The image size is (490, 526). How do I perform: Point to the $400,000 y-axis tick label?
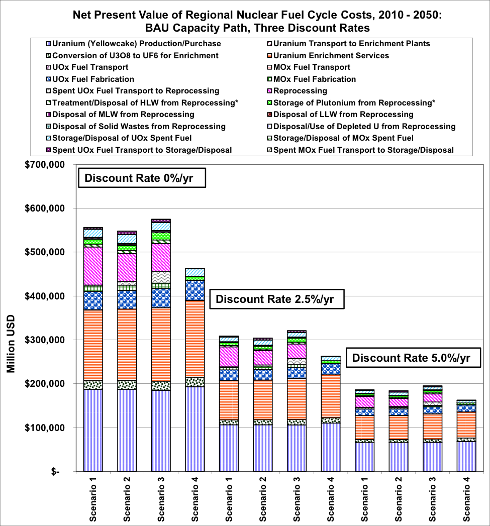(46, 296)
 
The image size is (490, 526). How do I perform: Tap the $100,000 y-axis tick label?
(46, 428)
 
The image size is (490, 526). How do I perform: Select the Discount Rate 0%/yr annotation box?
(142, 178)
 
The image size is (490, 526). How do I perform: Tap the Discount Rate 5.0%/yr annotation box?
(411, 358)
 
